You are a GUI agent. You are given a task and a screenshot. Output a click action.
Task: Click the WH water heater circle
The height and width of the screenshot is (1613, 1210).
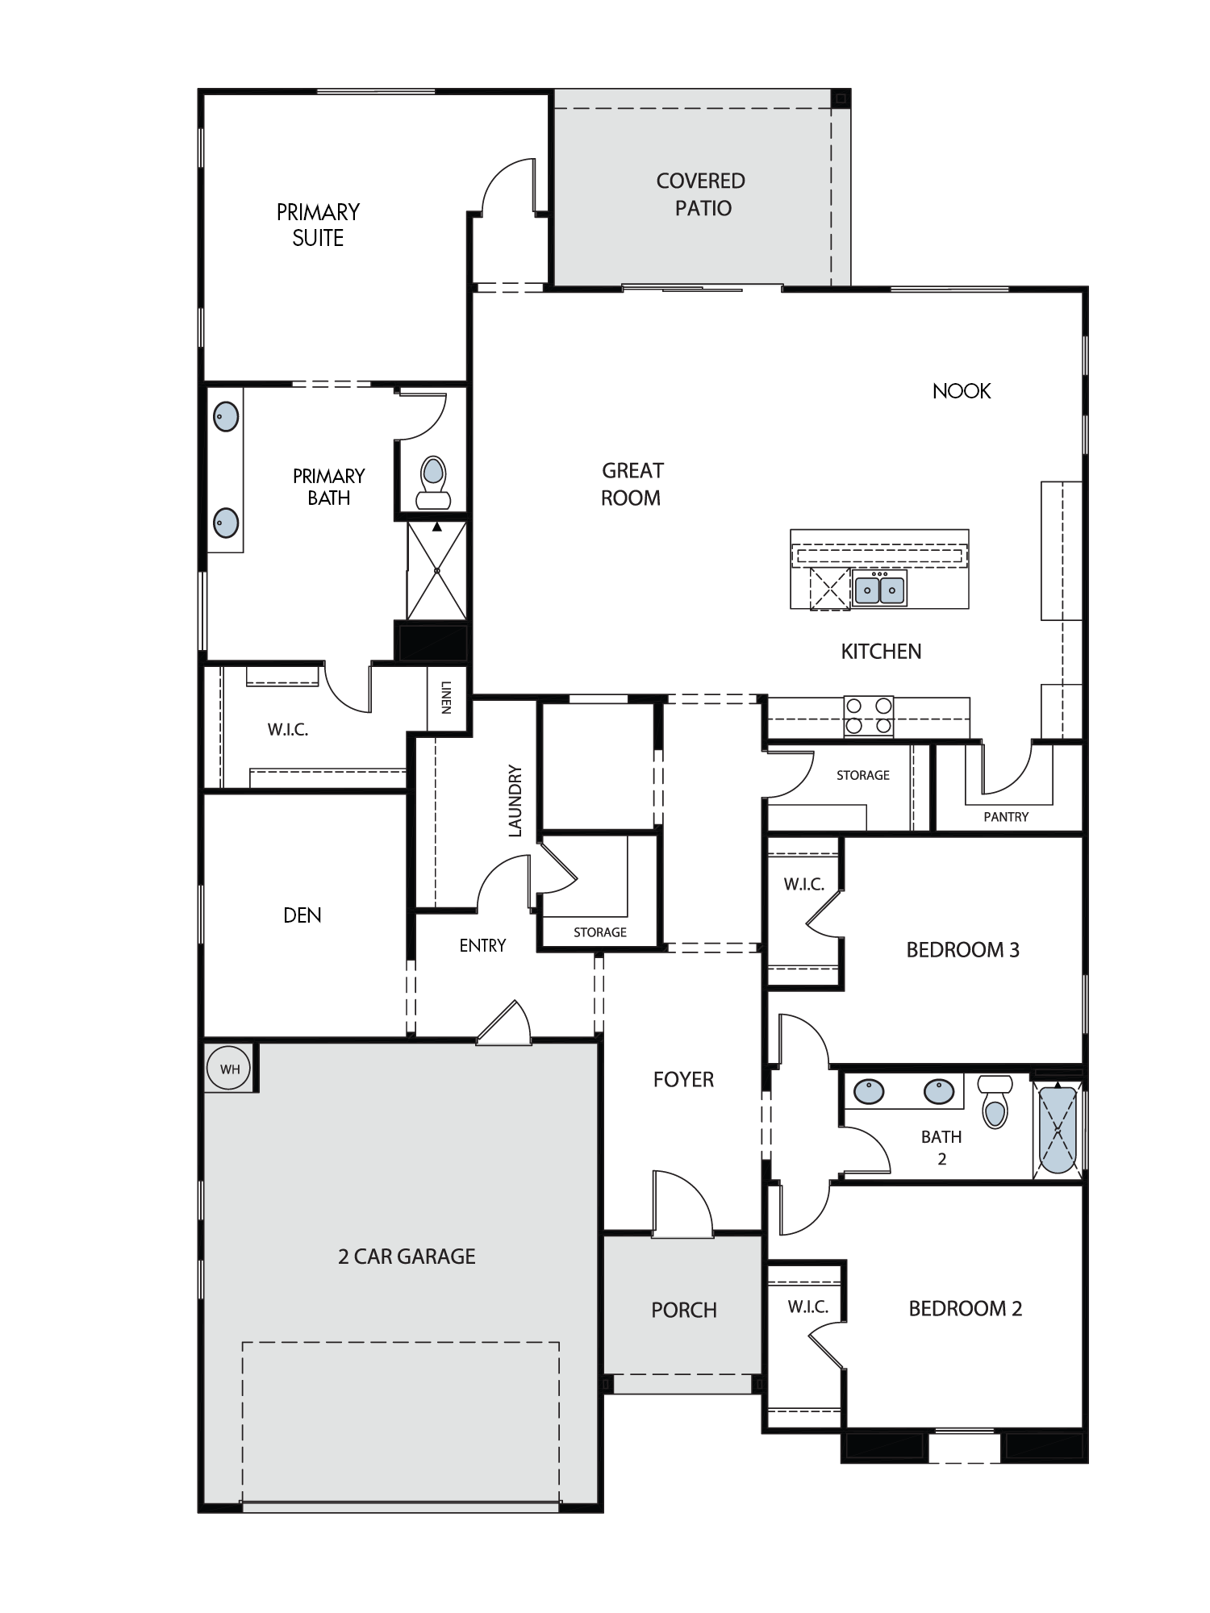pyautogui.click(x=230, y=1069)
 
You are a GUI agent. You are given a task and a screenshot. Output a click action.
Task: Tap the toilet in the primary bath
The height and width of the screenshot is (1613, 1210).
pyautogui.click(x=433, y=481)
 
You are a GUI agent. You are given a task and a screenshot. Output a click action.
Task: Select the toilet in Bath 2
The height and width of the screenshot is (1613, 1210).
pyautogui.click(x=995, y=1101)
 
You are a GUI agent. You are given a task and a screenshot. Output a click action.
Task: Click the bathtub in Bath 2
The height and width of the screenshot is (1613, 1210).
pyautogui.click(x=1058, y=1129)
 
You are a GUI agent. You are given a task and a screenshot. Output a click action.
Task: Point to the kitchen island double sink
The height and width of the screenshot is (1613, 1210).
pyautogui.click(x=879, y=589)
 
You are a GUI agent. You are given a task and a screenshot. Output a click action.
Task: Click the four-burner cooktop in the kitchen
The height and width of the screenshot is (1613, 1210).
pyautogui.click(x=869, y=716)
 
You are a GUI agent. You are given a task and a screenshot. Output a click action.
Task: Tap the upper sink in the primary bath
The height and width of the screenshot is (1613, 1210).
pyautogui.click(x=225, y=417)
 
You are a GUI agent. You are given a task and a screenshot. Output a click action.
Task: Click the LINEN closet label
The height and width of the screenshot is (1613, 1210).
pyautogui.click(x=446, y=698)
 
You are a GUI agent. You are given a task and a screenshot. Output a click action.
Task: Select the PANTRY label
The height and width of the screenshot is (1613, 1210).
pyautogui.click(x=1006, y=817)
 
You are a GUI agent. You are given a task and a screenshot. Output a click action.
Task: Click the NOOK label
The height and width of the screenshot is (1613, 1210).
pyautogui.click(x=962, y=391)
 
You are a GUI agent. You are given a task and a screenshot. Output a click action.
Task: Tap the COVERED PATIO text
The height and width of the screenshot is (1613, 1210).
pyautogui.click(x=701, y=194)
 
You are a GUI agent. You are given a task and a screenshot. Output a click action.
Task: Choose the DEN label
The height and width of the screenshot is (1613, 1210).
pyautogui.click(x=302, y=915)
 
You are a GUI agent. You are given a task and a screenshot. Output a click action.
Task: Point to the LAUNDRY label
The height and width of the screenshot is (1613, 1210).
pyautogui.click(x=515, y=801)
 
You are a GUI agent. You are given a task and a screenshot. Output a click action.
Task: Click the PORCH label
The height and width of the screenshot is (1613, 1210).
pyautogui.click(x=684, y=1311)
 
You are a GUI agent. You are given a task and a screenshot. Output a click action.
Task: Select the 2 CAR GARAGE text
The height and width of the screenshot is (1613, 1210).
pyautogui.click(x=407, y=1257)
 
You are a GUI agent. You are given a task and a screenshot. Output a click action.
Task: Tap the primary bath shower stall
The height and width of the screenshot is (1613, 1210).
pyautogui.click(x=436, y=570)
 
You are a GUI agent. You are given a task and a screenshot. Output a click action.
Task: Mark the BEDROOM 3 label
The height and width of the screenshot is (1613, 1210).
pyautogui.click(x=963, y=950)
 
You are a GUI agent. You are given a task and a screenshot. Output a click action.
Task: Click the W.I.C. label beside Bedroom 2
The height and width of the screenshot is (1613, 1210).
pyautogui.click(x=808, y=1307)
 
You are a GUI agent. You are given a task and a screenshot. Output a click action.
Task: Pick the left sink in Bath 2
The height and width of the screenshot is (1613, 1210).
pyautogui.click(x=869, y=1092)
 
